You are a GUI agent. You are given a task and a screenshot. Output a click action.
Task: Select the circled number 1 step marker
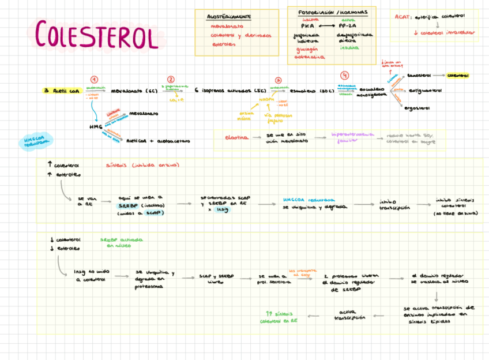tap(94, 80)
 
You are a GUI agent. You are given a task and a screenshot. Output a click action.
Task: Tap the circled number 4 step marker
tap(345, 76)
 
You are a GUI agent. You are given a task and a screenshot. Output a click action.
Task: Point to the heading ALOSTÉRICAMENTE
tap(228, 17)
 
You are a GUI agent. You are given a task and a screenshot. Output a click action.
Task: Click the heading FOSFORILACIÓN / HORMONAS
tap(333, 13)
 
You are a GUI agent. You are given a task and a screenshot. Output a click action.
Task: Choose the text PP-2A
tap(348, 26)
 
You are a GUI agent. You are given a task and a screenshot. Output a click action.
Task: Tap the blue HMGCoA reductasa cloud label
tap(35, 141)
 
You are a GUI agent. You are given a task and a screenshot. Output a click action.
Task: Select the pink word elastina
tap(236, 137)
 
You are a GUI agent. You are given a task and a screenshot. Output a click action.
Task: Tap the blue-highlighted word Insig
tap(222, 209)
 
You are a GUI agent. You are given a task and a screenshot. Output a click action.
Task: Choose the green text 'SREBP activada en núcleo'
tap(122, 242)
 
